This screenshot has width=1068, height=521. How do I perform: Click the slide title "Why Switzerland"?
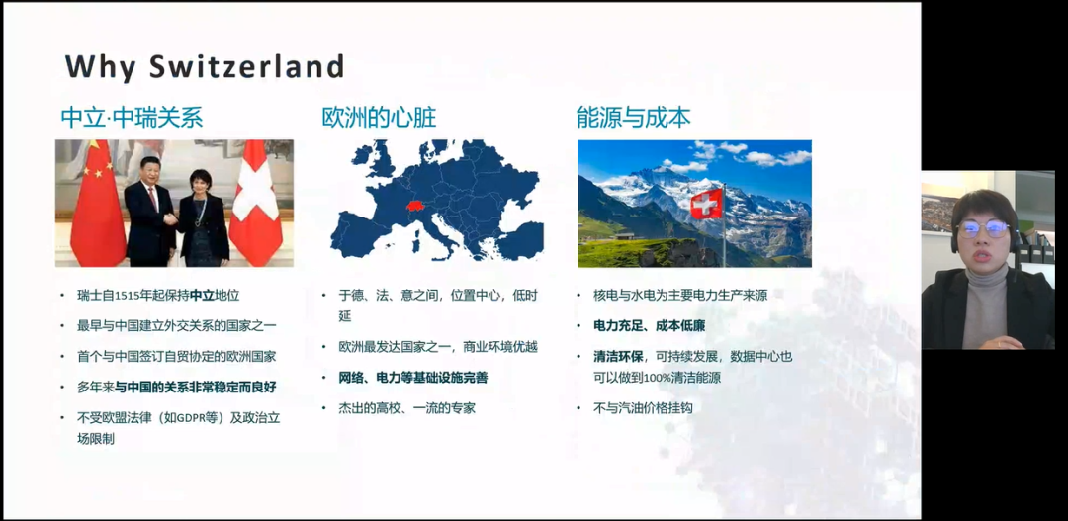tap(205, 67)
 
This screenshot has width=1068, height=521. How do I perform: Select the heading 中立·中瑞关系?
tap(133, 118)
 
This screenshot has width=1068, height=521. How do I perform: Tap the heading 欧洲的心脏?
tap(380, 118)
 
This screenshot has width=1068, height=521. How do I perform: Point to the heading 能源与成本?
tap(634, 118)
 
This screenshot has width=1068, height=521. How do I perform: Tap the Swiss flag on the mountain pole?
tap(706, 203)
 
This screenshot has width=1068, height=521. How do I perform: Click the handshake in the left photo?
tap(171, 220)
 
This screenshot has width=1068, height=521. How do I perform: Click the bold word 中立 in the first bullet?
tap(203, 296)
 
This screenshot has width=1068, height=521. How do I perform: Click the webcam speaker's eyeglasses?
tap(983, 228)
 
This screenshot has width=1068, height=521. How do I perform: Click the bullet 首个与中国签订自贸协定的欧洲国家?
tap(176, 356)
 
